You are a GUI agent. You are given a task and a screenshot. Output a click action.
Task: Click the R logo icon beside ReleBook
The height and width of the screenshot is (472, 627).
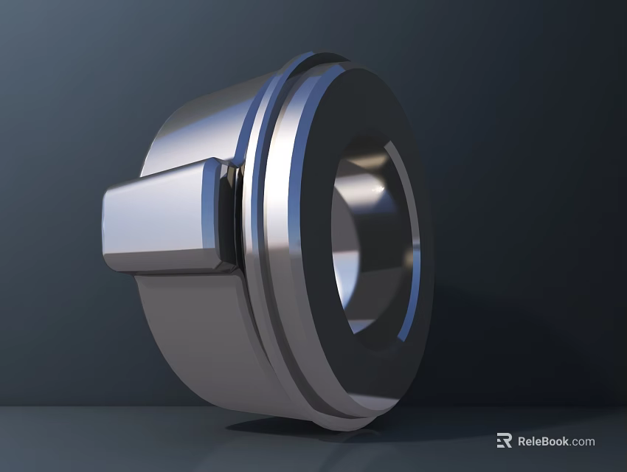pyautogui.click(x=504, y=441)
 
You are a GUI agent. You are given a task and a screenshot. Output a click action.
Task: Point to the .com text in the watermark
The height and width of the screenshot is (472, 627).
pyautogui.click(x=583, y=442)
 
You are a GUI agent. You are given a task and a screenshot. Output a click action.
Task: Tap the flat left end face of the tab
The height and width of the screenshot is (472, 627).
pyautogui.click(x=108, y=225)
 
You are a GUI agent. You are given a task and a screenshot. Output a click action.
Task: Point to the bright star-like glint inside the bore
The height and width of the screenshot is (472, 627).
pyautogui.click(x=381, y=193)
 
